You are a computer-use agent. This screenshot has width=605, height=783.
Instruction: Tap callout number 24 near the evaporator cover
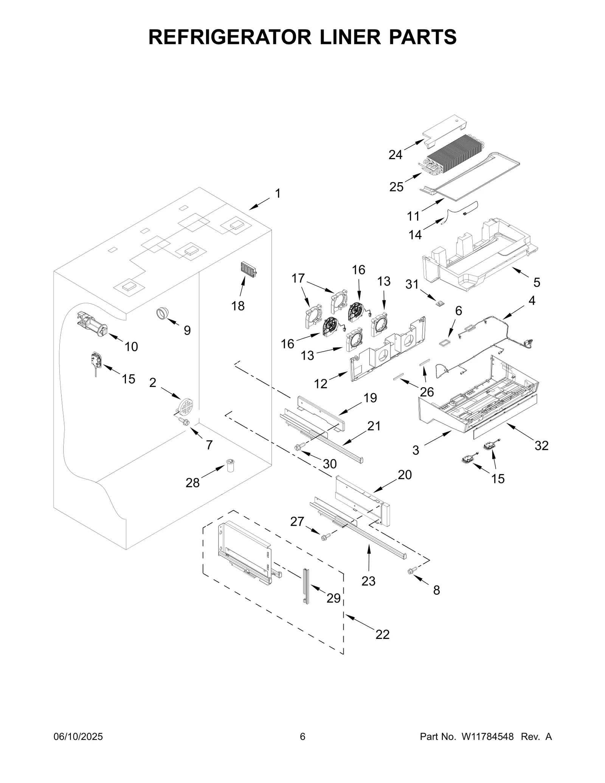click(x=395, y=155)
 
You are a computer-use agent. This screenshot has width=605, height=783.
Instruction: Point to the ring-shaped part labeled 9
click(x=162, y=313)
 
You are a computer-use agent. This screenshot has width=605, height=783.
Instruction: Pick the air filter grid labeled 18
click(x=248, y=269)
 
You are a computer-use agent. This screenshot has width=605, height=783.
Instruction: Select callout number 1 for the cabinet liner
click(x=278, y=194)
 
